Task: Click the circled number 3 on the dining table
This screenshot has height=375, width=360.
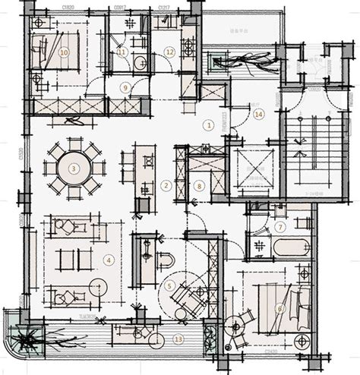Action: (74, 168)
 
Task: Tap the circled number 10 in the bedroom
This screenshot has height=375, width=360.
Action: (64, 52)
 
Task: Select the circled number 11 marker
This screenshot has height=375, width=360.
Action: (121, 52)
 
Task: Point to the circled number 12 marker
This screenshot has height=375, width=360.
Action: (170, 52)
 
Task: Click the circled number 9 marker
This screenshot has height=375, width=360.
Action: (127, 87)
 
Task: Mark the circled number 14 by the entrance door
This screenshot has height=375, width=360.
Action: (259, 115)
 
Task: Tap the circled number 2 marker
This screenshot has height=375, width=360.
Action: (165, 185)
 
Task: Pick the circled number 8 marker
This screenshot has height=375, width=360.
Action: (199, 185)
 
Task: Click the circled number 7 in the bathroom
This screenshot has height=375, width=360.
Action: (279, 226)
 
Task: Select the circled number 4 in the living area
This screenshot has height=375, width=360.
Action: (109, 260)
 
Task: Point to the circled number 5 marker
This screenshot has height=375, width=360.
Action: (170, 285)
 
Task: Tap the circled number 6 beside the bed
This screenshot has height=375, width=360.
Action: (279, 308)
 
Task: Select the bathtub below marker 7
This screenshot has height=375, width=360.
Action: (291, 247)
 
